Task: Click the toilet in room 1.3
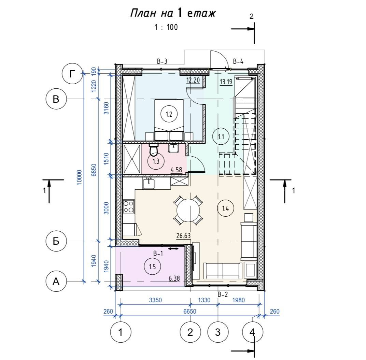tap(153, 150)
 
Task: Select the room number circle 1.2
tap(169, 114)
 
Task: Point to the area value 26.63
tap(183, 236)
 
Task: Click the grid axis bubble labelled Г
tap(72, 74)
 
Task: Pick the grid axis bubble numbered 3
tap(218, 332)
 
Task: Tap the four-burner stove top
tap(129, 207)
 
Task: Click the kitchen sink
tap(149, 183)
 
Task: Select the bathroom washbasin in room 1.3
tap(173, 148)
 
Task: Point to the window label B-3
tap(162, 62)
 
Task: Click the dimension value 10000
tap(80, 177)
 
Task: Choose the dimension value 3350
tap(155, 300)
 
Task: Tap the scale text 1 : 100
tap(166, 27)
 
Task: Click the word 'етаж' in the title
tap(201, 14)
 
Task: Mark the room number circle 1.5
tap(152, 267)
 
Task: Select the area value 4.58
tap(176, 170)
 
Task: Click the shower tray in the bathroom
tap(132, 159)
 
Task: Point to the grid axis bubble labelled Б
tap(56, 241)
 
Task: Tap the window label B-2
tap(223, 294)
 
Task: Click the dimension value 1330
tap(204, 300)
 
